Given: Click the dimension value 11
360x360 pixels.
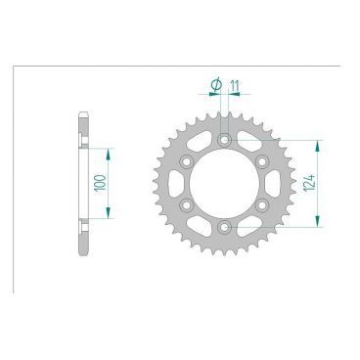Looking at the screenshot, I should pyautogui.click(x=235, y=86).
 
